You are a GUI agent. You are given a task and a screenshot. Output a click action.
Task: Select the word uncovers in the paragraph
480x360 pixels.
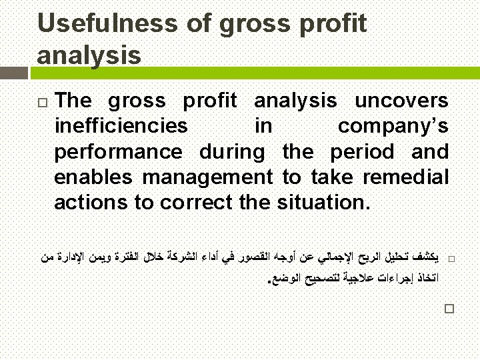401,101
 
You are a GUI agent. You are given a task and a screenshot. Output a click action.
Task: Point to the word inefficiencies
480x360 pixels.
121,126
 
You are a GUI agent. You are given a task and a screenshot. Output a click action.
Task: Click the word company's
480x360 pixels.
393,126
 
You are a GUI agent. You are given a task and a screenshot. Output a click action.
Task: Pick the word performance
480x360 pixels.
118,152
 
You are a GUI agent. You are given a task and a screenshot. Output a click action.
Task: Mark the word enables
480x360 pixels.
94,177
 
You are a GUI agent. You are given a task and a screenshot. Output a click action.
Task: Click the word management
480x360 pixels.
207,177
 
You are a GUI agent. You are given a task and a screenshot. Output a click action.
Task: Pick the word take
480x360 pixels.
331,177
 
